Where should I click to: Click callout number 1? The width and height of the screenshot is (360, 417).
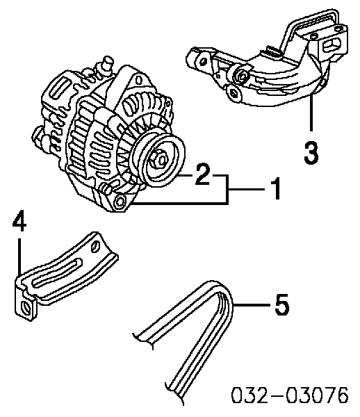(x=275, y=188)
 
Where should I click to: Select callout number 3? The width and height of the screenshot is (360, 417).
(x=313, y=152)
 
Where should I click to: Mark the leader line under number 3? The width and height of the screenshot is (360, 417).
(x=311, y=115)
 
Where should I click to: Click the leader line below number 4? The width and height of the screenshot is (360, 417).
(x=21, y=257)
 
